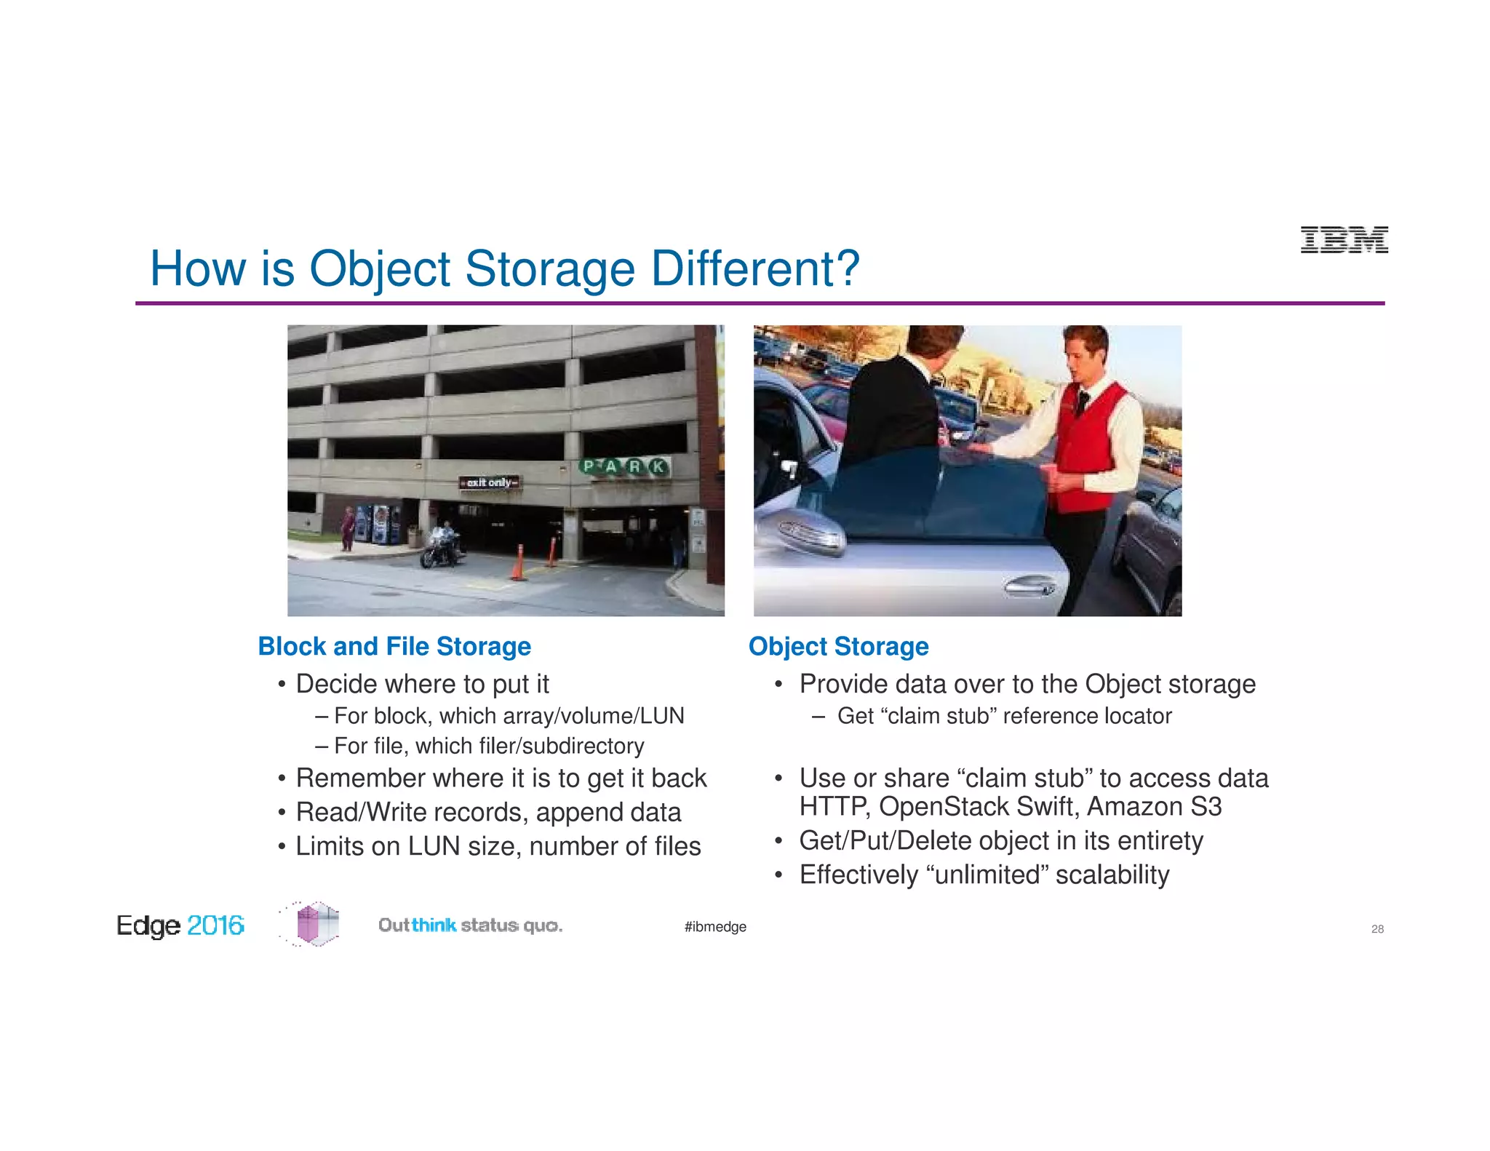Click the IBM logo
1344,239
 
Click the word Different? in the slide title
755,268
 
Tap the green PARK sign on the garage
625,466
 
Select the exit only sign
490,482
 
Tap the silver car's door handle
1029,586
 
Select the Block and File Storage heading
394,646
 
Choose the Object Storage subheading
838,646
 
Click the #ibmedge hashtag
715,927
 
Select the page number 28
1377,929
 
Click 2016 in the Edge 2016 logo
215,925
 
